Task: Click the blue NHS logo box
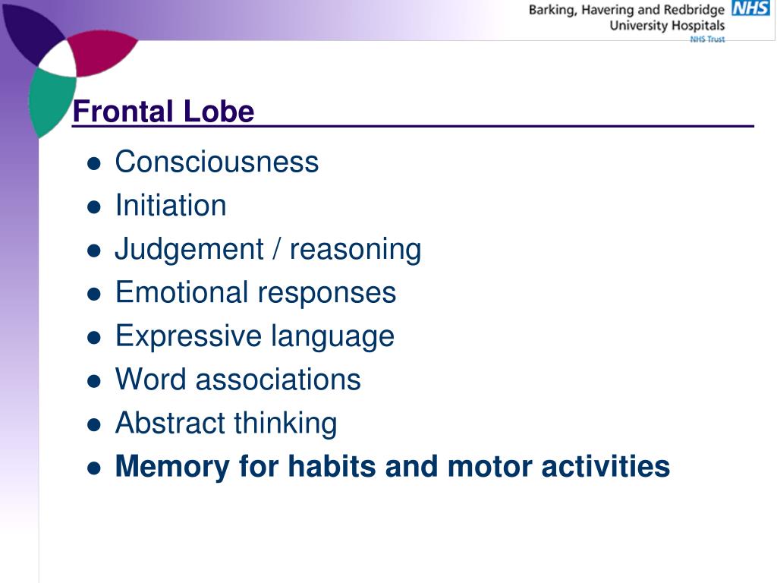click(x=750, y=9)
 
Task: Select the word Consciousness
click(x=216, y=162)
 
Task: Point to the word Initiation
click(x=171, y=205)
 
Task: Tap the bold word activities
click(x=606, y=466)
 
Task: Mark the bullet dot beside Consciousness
click(x=94, y=163)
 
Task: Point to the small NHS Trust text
click(x=707, y=39)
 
